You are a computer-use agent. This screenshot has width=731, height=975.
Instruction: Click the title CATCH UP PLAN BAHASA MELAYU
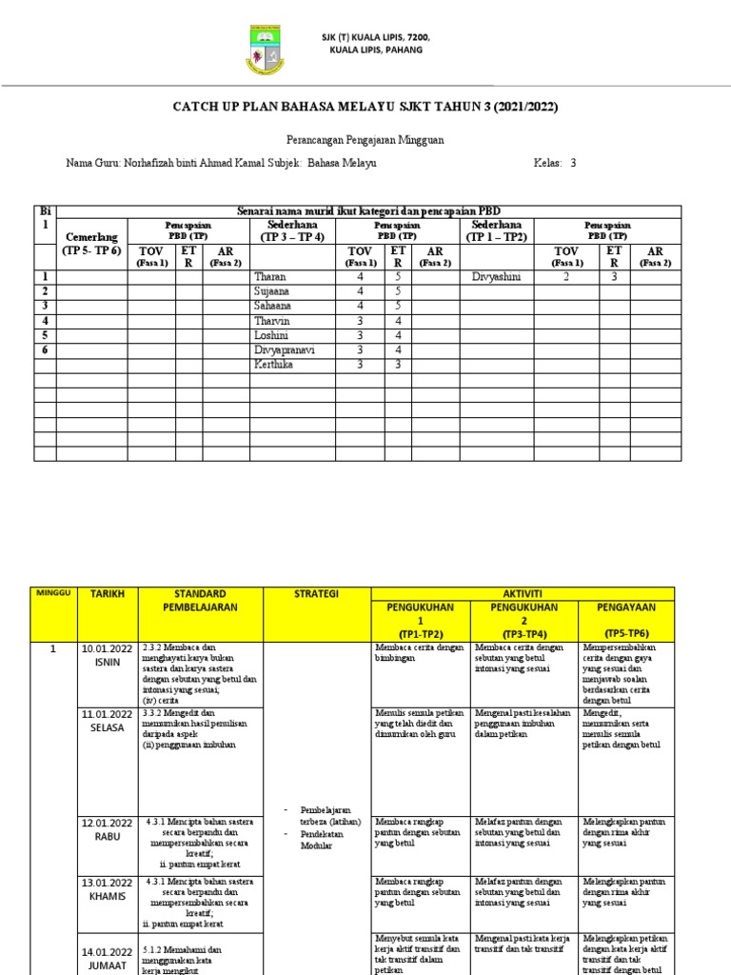(x=365, y=107)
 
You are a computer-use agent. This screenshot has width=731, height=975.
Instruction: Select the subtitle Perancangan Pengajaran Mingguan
(x=365, y=139)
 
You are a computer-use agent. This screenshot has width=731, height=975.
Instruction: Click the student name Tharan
(x=269, y=276)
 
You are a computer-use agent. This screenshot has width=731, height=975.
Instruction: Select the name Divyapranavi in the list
(x=284, y=349)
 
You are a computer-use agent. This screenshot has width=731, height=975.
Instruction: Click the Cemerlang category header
(x=91, y=236)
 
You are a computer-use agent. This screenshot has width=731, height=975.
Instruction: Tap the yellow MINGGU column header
(x=53, y=592)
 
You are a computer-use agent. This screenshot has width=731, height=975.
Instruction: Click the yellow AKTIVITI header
(x=522, y=592)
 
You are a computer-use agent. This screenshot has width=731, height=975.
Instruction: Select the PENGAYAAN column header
(x=626, y=607)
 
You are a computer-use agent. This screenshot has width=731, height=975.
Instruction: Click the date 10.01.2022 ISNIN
(x=108, y=654)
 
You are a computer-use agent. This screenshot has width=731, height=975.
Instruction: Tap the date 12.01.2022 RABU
(x=108, y=828)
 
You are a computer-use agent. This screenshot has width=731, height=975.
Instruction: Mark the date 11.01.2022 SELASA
(x=108, y=719)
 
